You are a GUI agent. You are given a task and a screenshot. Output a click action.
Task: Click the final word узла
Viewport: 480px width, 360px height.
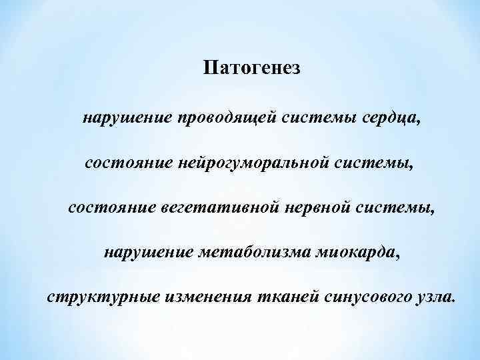[436, 297]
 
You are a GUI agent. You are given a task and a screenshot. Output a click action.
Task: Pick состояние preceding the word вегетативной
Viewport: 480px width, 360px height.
[112, 208]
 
